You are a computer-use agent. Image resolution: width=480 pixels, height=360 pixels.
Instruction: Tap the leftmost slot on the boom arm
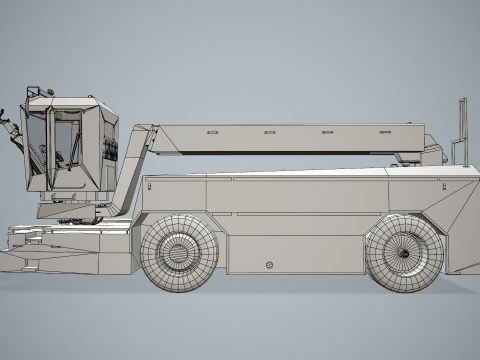tap(211, 132)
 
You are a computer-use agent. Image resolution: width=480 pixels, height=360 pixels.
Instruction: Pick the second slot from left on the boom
tap(270, 132)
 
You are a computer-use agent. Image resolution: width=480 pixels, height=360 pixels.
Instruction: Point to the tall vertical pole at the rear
tap(462, 130)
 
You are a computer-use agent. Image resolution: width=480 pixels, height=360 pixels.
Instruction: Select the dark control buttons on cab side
tap(111, 150)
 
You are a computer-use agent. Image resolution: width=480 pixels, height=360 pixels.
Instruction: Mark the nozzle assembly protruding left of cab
tap(11, 130)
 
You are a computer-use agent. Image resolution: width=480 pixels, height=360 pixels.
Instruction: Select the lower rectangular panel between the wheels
tap(295, 254)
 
